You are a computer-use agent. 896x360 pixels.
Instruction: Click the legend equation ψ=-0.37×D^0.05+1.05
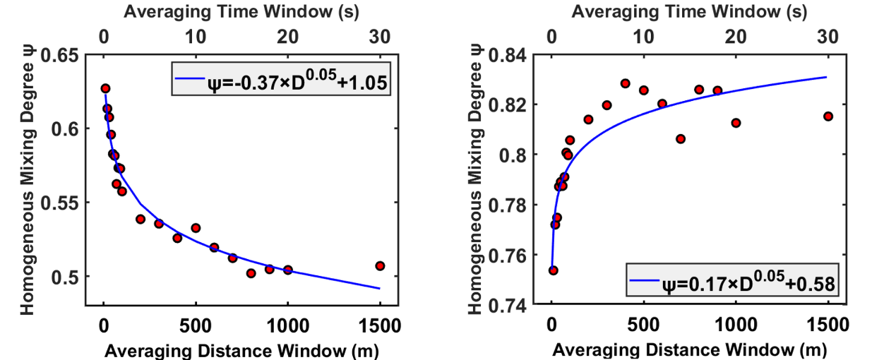pos(285,79)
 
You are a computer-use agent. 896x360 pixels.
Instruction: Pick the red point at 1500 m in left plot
pos(380,266)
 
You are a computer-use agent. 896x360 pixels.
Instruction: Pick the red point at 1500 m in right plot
pos(828,116)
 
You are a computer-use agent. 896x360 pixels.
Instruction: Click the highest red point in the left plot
pos(105,89)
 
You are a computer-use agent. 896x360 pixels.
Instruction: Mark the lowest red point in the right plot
pos(554,270)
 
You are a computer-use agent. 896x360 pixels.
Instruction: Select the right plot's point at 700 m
pos(681,139)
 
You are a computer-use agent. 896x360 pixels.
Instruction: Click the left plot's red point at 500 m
pos(196,228)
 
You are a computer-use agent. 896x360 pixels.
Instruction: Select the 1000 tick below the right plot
pos(736,327)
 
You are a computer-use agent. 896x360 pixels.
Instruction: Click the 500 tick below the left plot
pos(196,327)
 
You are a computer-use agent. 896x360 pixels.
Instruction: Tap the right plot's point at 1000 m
pos(736,123)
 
